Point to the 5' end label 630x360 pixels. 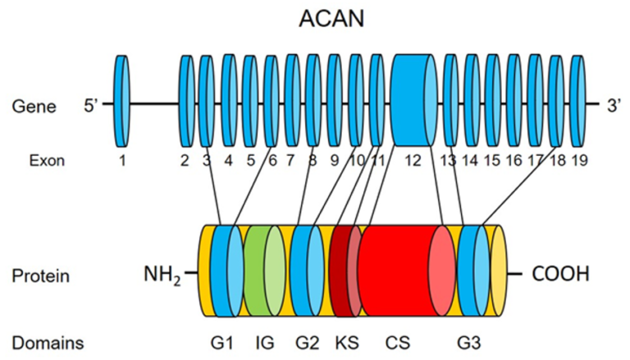tap(92, 105)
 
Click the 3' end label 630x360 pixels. tap(614, 105)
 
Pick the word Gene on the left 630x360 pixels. tap(34, 106)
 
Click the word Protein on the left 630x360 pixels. tap(40, 276)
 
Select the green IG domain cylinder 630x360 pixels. tap(264, 270)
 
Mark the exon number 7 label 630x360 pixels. tap(290, 161)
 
